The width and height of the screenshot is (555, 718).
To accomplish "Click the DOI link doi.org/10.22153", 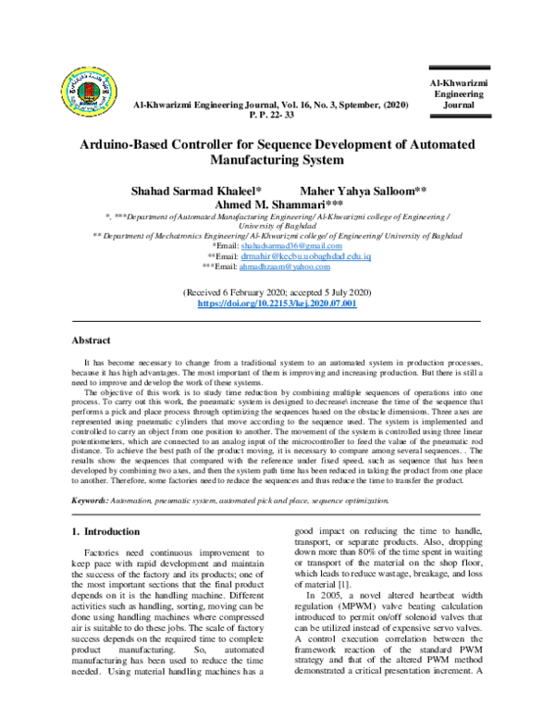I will [x=277, y=303].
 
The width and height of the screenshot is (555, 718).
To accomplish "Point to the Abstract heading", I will [x=92, y=340].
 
